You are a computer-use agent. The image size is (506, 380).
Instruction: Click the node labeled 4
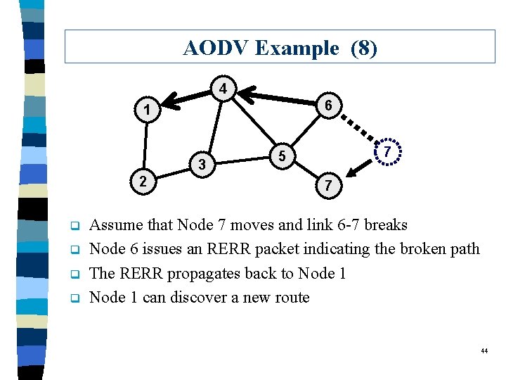click(x=222, y=90)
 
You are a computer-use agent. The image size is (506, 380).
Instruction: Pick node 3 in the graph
click(x=202, y=165)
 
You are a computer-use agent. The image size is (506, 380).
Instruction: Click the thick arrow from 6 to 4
click(x=278, y=98)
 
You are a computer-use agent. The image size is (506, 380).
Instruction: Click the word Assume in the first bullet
click(x=117, y=225)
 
